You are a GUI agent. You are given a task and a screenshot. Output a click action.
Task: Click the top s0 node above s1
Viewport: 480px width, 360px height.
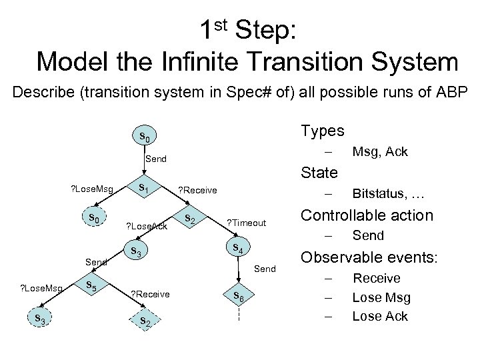pos(142,138)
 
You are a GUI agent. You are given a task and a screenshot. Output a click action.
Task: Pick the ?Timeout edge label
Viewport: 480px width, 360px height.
pos(247,223)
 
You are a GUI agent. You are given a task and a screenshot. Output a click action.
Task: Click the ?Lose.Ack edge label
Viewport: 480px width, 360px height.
pos(146,226)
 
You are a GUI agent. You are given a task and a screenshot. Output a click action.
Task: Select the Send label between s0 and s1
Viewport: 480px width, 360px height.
pos(156,160)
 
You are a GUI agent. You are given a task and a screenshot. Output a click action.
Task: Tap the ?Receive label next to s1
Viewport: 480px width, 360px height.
pos(197,191)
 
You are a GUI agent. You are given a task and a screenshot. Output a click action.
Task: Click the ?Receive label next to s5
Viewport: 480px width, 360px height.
pos(150,294)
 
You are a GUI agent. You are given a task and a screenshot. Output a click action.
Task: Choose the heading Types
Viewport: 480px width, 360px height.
pos(323,129)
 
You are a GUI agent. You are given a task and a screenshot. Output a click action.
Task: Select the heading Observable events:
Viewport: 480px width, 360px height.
pos(369,258)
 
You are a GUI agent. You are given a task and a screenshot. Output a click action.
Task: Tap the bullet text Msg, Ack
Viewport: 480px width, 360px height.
pos(380,152)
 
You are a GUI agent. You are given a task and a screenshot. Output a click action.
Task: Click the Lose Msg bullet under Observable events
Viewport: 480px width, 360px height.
pos(381,297)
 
